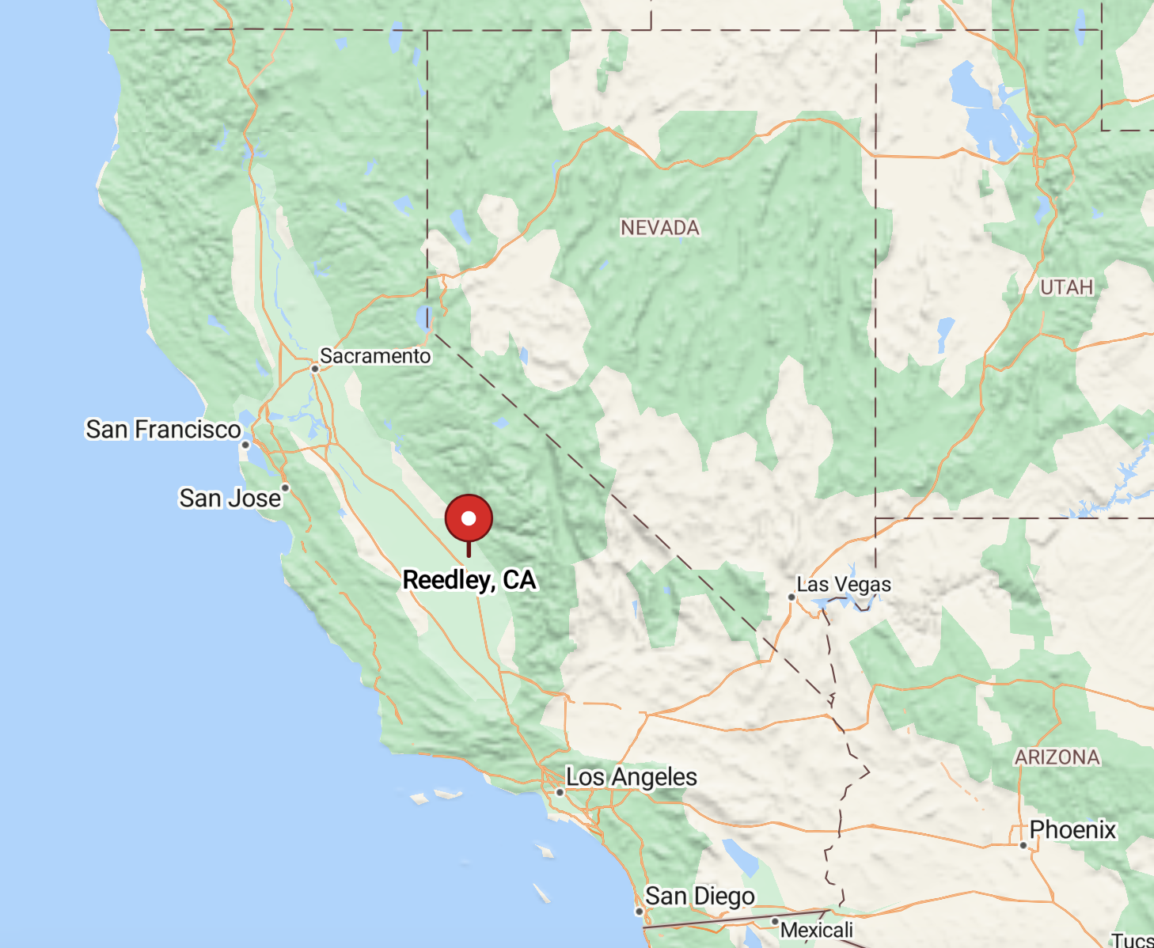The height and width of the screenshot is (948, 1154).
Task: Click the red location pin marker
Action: click(x=469, y=519)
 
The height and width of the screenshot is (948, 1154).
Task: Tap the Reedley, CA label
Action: click(x=469, y=580)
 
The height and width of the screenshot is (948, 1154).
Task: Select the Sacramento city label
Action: click(x=375, y=356)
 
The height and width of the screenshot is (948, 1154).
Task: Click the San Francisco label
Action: click(x=163, y=429)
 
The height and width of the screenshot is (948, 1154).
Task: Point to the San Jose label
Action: click(x=230, y=498)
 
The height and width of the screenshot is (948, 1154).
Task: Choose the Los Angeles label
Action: click(x=632, y=777)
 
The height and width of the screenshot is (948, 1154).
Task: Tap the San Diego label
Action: click(x=700, y=896)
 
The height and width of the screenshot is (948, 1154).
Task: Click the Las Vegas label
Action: click(x=844, y=585)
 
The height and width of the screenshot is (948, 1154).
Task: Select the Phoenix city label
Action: click(x=1072, y=829)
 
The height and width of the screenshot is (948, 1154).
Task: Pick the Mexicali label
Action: click(x=817, y=930)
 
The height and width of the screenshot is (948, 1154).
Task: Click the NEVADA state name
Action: click(x=660, y=228)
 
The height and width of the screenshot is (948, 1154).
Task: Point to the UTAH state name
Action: click(x=1066, y=287)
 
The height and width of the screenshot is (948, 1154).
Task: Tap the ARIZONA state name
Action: click(x=1057, y=757)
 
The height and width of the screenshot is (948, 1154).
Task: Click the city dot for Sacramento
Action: click(x=315, y=369)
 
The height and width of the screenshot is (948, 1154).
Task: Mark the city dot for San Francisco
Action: click(x=245, y=445)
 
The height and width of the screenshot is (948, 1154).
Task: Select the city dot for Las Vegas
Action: click(x=791, y=597)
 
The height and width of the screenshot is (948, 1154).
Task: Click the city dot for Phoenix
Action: click(x=1023, y=845)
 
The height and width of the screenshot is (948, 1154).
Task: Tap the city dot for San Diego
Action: click(x=640, y=912)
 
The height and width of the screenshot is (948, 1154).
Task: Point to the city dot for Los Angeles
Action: click(x=560, y=792)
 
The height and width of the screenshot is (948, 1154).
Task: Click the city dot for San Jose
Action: click(x=285, y=487)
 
